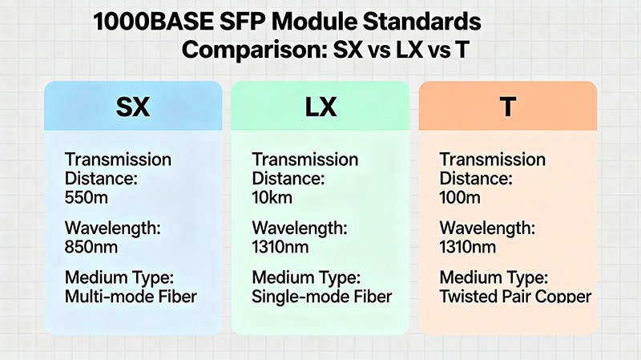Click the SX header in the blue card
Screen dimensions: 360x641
coord(133,107)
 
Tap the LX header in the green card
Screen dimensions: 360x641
coord(320,107)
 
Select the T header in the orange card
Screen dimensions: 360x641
coord(507,107)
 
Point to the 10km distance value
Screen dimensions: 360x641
coord(272,195)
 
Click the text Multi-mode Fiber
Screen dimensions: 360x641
coord(131,297)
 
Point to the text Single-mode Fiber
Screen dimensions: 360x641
coord(322,297)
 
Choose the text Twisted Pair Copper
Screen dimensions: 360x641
coord(515,297)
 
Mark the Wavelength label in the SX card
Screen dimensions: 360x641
coord(112,229)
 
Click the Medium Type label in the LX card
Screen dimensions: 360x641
coord(305,279)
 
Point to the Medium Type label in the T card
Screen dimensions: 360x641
coord(493,279)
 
